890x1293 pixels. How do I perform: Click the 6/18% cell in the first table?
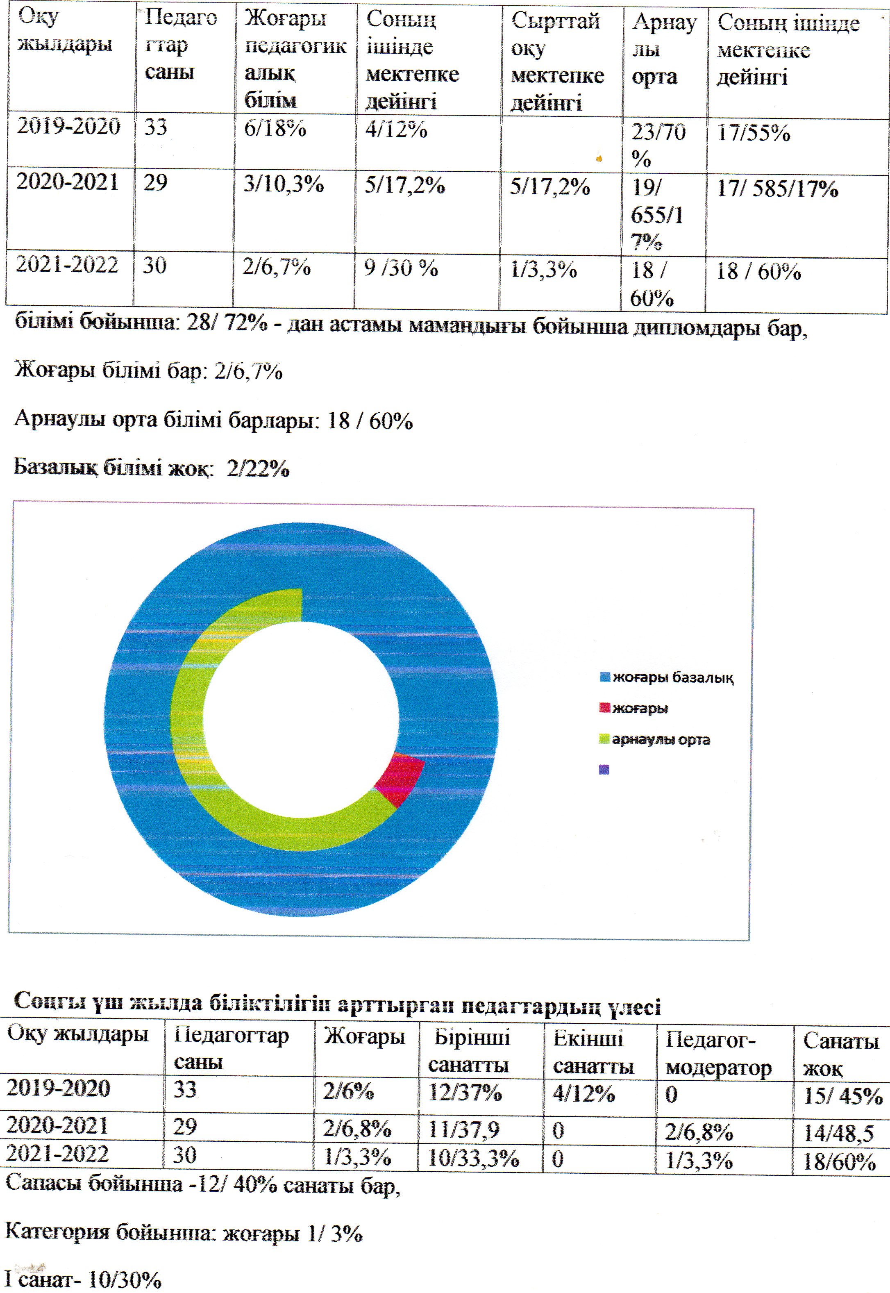click(x=275, y=130)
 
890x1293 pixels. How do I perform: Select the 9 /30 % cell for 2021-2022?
click(x=401, y=269)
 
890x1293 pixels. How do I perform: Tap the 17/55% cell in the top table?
click(x=754, y=134)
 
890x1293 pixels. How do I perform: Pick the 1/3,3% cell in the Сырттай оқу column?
click(x=544, y=270)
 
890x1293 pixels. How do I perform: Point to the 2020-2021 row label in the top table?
click(x=68, y=182)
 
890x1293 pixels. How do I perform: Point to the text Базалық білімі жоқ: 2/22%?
click(x=152, y=468)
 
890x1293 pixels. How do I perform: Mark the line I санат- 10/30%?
click(x=83, y=1279)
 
